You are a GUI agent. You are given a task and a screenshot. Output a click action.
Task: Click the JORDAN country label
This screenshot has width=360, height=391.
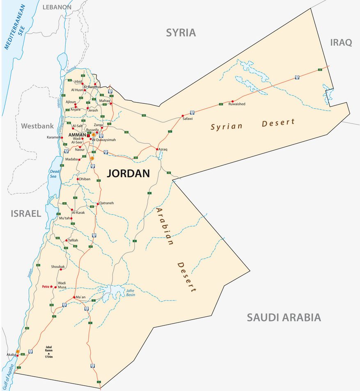[x=128, y=174]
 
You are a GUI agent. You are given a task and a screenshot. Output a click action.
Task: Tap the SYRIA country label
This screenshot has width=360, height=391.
[x=181, y=33]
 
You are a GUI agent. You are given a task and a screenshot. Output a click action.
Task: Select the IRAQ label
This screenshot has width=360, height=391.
[x=341, y=42]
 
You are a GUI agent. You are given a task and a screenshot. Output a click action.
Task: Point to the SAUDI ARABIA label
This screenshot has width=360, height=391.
[x=283, y=317]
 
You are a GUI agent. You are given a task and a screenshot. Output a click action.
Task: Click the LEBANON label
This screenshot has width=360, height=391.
[x=57, y=7]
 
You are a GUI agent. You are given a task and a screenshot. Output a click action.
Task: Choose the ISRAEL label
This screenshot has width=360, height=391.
[x=26, y=213]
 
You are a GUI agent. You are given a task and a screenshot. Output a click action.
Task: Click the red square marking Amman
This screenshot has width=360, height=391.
[x=88, y=135]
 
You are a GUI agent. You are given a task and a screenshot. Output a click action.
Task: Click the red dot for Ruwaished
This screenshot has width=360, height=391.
[x=232, y=101]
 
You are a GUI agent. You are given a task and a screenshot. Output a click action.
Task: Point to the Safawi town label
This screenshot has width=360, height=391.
[x=187, y=119]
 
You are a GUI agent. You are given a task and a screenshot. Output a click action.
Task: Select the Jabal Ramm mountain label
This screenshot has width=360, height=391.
[x=48, y=351]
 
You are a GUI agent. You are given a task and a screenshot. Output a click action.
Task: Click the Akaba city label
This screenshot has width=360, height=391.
[x=11, y=354]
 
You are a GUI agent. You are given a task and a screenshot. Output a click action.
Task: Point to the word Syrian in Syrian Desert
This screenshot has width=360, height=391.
[x=227, y=126]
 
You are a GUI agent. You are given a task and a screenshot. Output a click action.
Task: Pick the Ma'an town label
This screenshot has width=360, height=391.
[x=80, y=297]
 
